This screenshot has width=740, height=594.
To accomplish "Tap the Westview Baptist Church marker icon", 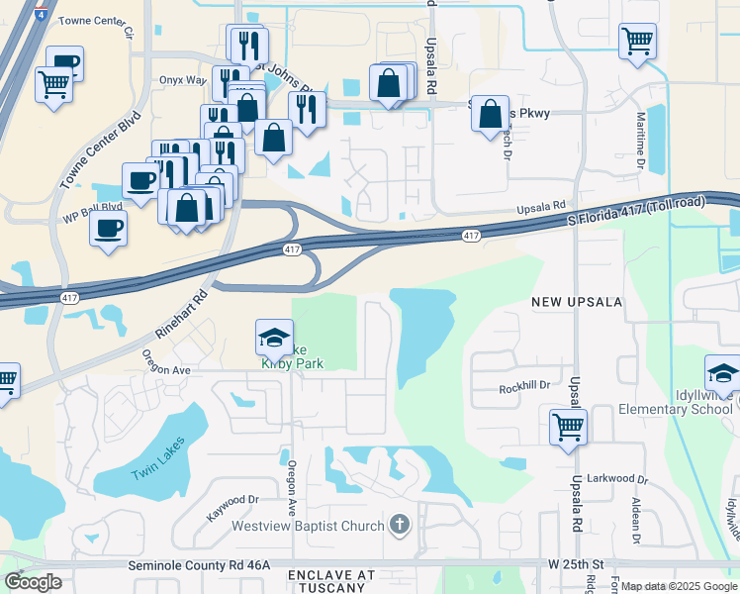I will (x=399, y=525).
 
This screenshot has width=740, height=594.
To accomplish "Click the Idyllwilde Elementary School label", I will (x=676, y=409).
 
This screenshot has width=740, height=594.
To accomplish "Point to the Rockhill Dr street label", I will (x=523, y=387).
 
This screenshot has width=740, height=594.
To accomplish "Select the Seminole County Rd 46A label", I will (x=199, y=564).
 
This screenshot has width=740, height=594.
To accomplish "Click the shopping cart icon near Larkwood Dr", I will (x=569, y=428).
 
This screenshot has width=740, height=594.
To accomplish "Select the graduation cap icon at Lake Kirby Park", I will (x=274, y=338).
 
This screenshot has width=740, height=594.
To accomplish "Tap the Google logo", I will (x=33, y=582).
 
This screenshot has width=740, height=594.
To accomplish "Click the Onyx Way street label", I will (x=182, y=80).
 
